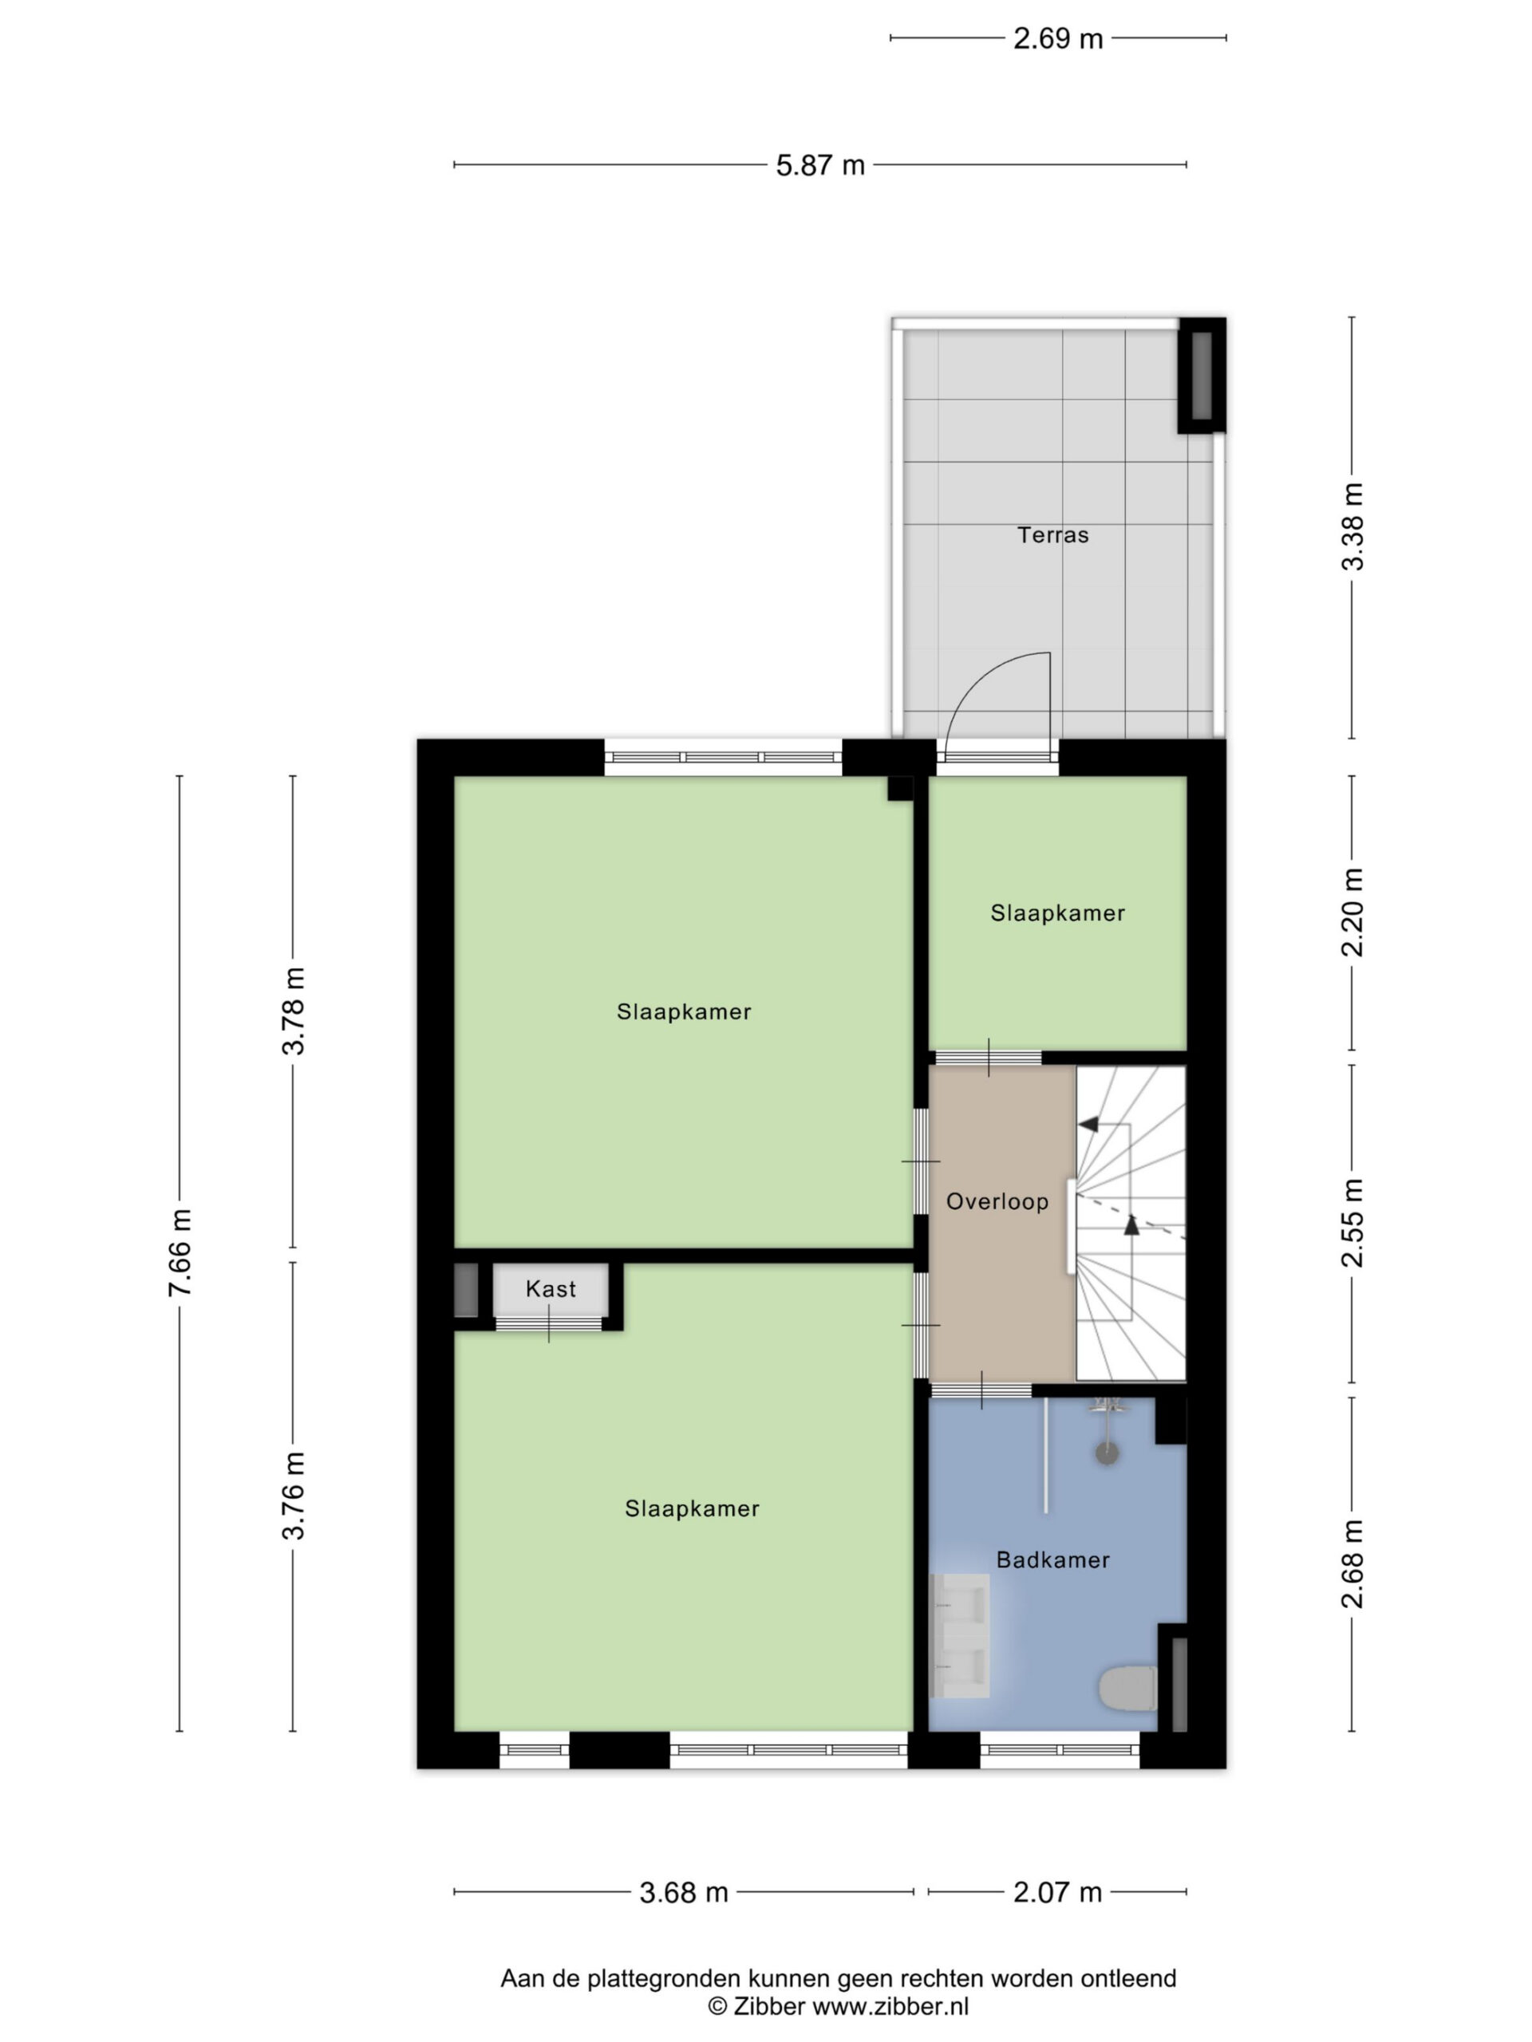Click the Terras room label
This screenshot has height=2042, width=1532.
click(x=1052, y=534)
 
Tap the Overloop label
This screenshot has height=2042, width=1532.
click(x=997, y=1201)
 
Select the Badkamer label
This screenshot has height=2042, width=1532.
click(x=1052, y=1559)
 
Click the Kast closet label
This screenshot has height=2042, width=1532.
click(x=551, y=1289)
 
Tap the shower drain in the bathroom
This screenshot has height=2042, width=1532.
click(x=1106, y=1454)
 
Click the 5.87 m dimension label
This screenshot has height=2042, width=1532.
click(x=820, y=165)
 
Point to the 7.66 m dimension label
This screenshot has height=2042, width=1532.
click(x=180, y=1252)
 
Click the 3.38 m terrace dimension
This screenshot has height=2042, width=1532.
click(x=1352, y=527)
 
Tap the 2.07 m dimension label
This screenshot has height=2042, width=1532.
click(x=1057, y=1893)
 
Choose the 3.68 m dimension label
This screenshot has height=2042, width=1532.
click(x=683, y=1893)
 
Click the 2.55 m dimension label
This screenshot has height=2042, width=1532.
click(x=1352, y=1223)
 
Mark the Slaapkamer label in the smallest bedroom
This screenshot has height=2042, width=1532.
click(x=1057, y=913)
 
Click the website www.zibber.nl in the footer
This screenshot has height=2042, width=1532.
click(x=890, y=2006)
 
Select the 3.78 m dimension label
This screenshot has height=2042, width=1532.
click(x=294, y=1011)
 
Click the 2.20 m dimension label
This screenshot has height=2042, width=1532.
click(x=1352, y=912)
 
